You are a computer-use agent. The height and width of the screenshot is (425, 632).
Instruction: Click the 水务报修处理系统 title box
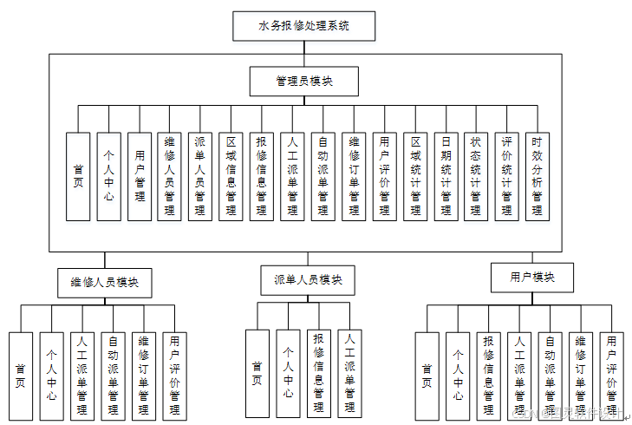(303, 26)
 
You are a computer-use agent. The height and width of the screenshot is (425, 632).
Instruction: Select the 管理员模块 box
(303, 81)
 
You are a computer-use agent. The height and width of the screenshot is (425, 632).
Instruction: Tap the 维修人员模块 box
(104, 282)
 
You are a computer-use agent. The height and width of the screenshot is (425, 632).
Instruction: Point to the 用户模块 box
(532, 278)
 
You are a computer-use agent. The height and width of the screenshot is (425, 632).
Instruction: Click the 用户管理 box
(139, 176)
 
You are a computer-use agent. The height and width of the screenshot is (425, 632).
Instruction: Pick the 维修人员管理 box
(169, 176)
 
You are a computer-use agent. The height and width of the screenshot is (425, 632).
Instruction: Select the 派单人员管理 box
(199, 176)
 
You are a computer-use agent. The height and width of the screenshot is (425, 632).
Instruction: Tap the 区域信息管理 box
(231, 176)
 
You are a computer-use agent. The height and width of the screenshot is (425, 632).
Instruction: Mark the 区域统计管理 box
(415, 176)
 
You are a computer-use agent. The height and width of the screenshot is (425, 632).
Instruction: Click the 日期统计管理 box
(446, 176)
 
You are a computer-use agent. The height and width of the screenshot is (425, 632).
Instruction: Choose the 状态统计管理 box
(476, 176)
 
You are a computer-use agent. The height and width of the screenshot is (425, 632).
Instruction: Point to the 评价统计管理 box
(506, 176)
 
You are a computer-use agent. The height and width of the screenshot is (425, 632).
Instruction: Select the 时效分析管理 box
(538, 176)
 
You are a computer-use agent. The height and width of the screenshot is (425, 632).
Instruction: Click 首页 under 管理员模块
(78, 176)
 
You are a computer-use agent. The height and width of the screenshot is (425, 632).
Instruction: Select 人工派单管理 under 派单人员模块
(349, 373)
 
